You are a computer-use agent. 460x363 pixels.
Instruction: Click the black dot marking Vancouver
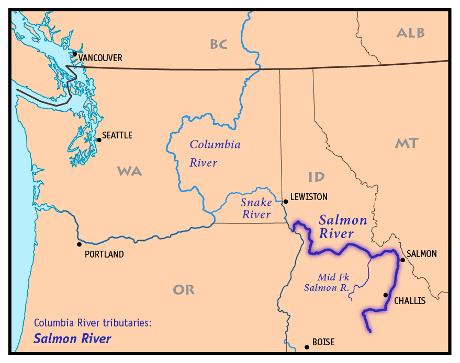[x=75, y=53]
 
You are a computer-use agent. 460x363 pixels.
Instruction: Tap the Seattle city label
[x=117, y=135]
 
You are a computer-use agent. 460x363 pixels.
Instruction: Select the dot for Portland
[x=79, y=244]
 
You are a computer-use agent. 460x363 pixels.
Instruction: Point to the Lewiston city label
[x=309, y=197]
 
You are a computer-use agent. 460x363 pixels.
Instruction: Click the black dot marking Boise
[x=307, y=346]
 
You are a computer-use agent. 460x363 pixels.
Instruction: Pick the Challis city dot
[x=386, y=295]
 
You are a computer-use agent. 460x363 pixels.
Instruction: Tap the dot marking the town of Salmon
[x=402, y=260]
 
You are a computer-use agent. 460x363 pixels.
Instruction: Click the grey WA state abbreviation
[x=129, y=171]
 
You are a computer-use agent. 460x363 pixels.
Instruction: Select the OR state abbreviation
[x=184, y=289]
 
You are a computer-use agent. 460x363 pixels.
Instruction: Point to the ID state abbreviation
[x=316, y=177]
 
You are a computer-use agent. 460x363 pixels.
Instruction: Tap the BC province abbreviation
[x=219, y=44]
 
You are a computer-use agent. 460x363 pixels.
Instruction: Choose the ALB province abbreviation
[x=411, y=33]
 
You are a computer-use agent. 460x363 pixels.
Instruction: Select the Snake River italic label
[x=256, y=208]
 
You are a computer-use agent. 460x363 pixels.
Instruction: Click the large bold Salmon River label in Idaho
[x=343, y=227]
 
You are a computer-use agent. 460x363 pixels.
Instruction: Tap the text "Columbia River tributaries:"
[x=93, y=323]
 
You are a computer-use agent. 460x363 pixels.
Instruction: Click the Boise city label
[x=323, y=343]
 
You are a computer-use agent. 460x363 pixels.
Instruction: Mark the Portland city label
[x=104, y=254]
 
